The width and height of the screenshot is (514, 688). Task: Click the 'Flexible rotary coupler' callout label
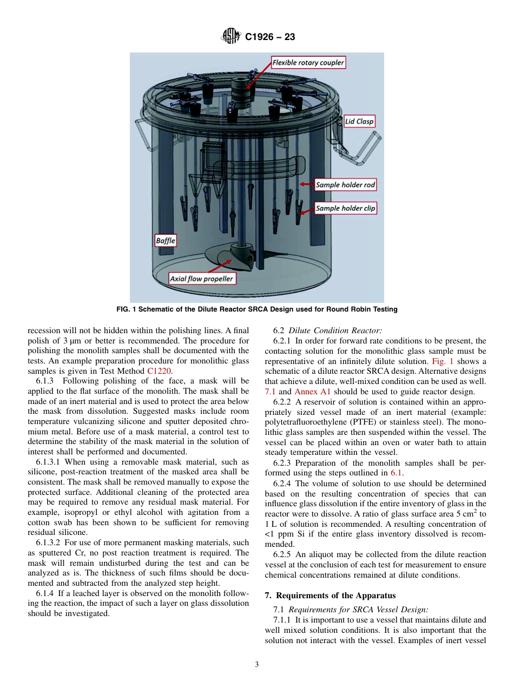(x=308, y=63)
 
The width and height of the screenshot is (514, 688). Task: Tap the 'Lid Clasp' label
(x=359, y=121)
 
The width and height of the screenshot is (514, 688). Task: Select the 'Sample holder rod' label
(x=345, y=185)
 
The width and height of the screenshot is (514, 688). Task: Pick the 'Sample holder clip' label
(x=345, y=208)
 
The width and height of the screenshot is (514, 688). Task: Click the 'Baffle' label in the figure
(x=166, y=240)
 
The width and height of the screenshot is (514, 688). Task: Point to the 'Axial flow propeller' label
(x=201, y=279)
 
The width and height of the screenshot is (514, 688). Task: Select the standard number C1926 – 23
(x=269, y=37)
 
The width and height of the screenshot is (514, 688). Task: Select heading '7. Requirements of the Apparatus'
(x=330, y=596)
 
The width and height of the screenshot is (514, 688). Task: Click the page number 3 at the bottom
(x=257, y=665)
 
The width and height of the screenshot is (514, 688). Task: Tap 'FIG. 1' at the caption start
(x=127, y=309)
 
